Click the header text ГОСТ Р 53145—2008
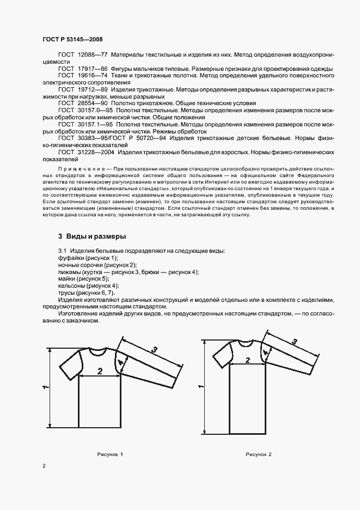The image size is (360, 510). [x=72, y=39]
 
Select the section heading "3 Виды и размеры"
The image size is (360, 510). [x=92, y=236]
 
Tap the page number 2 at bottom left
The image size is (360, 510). [x=44, y=465]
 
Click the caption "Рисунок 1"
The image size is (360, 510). [x=111, y=454]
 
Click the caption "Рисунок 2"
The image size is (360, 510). [x=258, y=454]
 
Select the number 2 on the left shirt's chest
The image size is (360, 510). [x=100, y=371]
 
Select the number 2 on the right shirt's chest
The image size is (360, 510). [x=247, y=360]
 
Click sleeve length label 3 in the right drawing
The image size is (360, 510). [x=295, y=342]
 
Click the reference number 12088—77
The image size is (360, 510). [x=93, y=56]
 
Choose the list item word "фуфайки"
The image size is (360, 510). [x=71, y=257]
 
